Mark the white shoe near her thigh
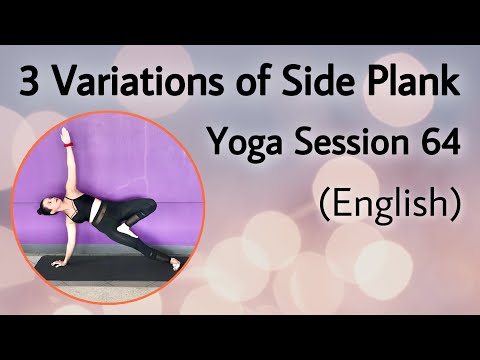126,229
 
